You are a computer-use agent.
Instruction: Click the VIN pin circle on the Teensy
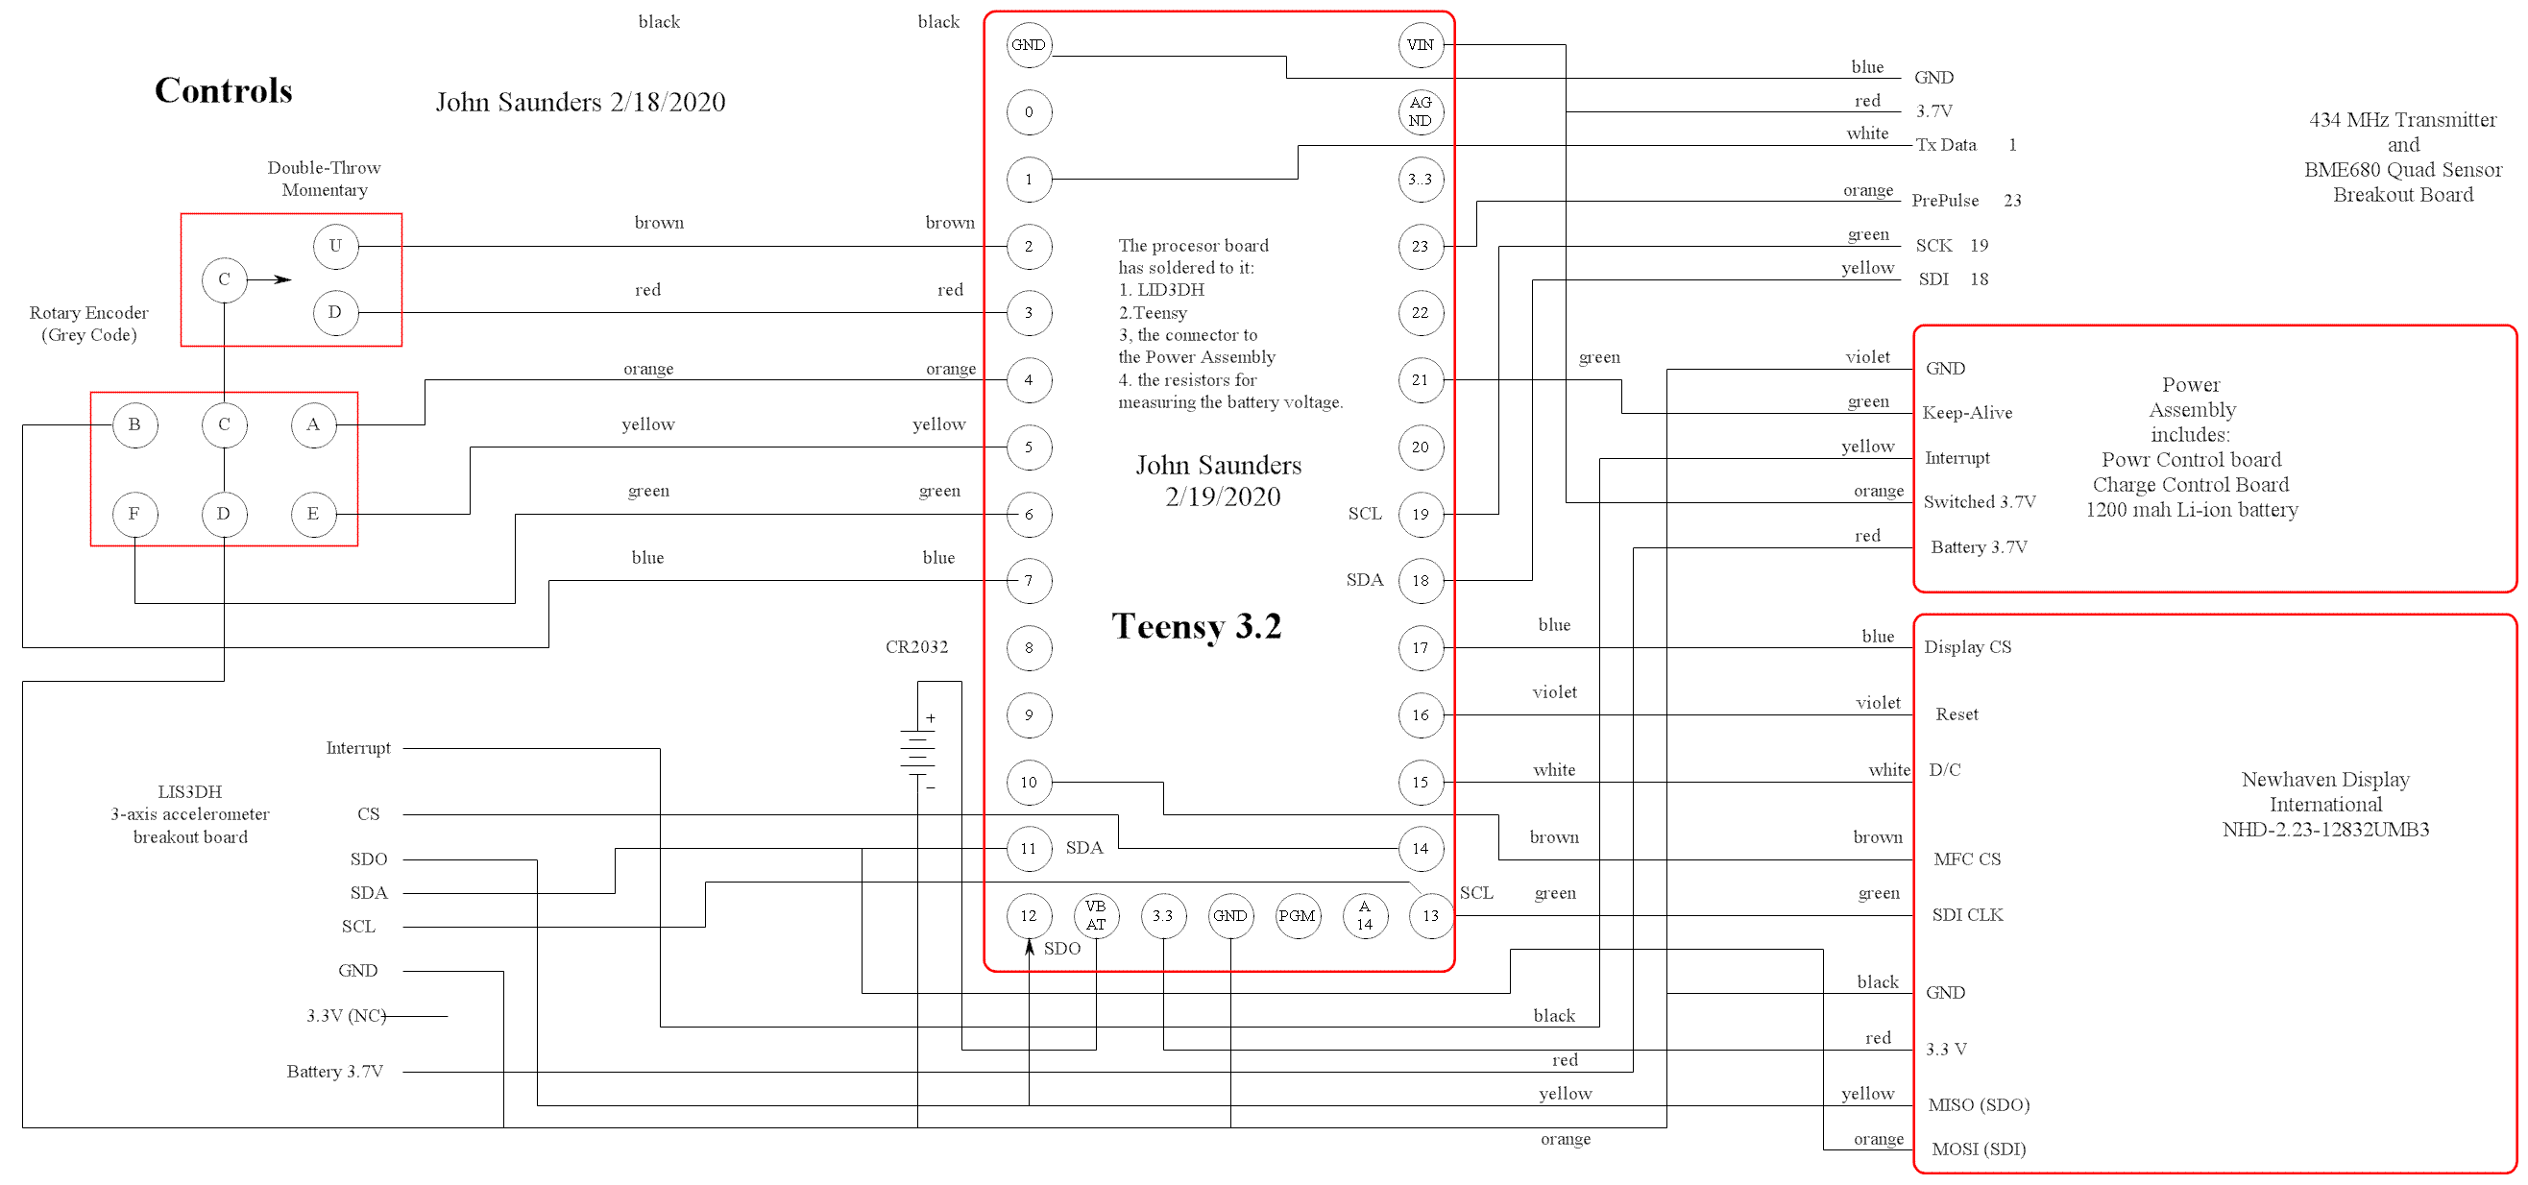[x=1420, y=45]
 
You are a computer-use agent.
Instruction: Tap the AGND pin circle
[x=1420, y=111]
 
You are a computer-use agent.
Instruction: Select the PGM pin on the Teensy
[x=1297, y=915]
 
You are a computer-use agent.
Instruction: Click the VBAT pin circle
[x=1095, y=915]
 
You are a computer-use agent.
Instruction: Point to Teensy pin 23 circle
[x=1420, y=246]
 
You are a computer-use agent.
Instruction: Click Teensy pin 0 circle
[x=1029, y=111]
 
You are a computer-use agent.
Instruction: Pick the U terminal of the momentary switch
[x=335, y=246]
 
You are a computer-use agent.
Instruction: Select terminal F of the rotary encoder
[x=134, y=514]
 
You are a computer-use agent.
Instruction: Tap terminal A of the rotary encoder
[x=313, y=424]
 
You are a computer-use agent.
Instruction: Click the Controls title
[x=224, y=90]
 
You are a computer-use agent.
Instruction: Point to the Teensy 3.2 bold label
[x=1197, y=626]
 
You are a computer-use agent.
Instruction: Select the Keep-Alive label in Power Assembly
[x=1967, y=413]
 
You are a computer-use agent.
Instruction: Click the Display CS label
[x=1967, y=647]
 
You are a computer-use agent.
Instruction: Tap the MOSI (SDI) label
[x=1978, y=1149]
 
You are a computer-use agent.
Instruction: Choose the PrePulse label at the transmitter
[x=1944, y=201]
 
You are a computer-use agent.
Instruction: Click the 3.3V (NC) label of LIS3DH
[x=346, y=1016]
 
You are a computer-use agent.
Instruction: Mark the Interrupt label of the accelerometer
[x=357, y=748]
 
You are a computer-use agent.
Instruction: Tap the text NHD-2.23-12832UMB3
[x=2324, y=830]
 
